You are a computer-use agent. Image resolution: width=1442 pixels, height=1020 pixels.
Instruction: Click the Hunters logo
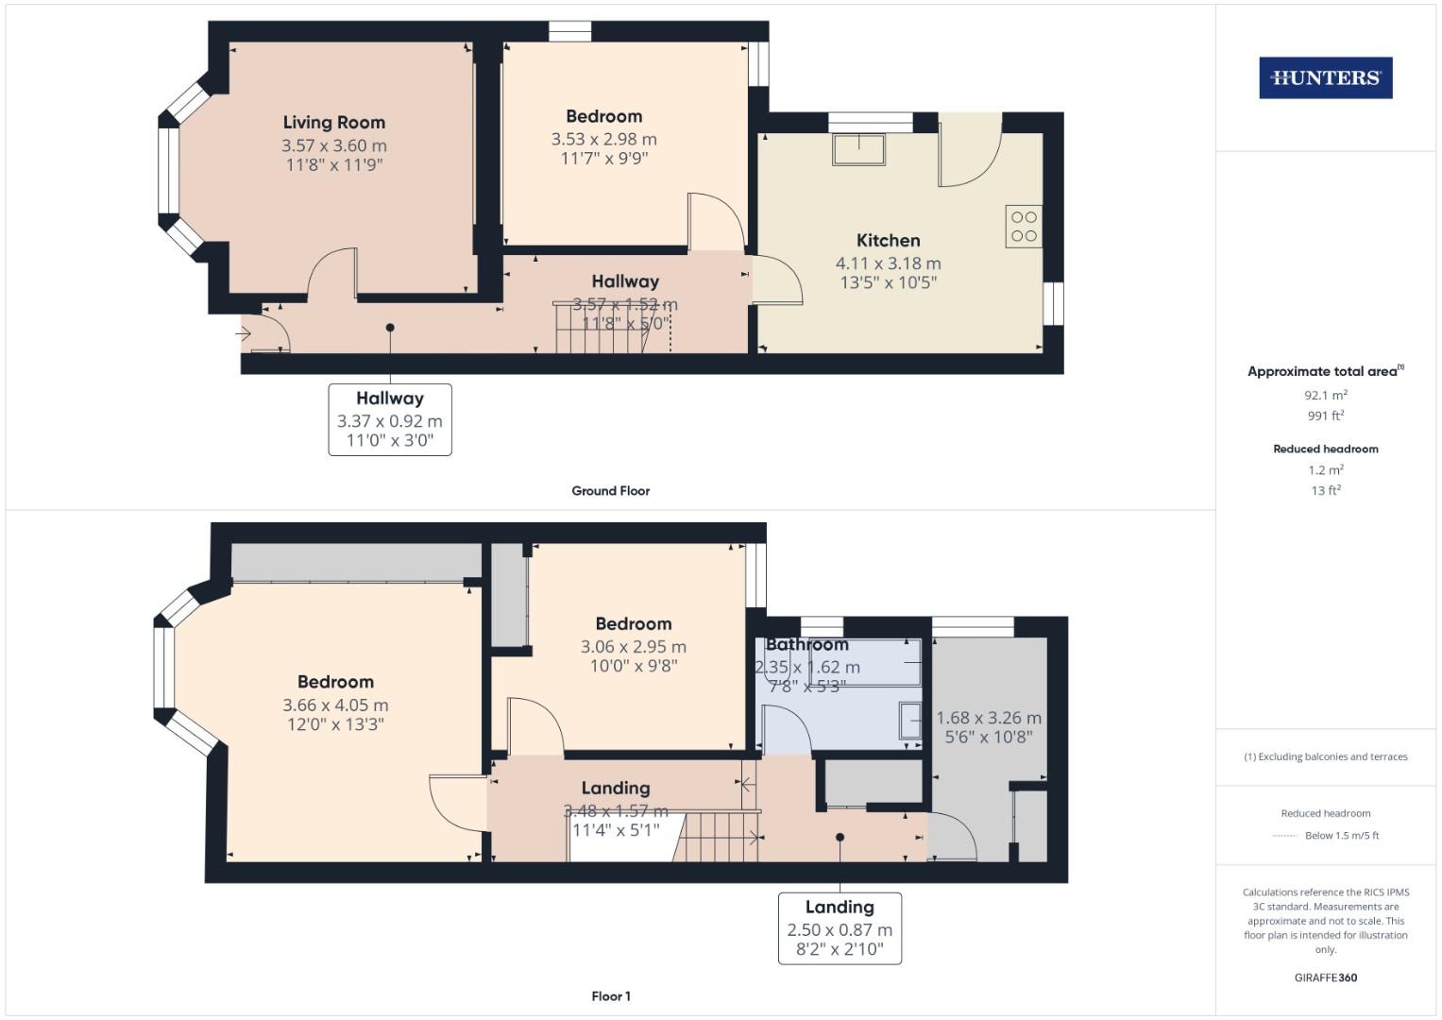point(1325,77)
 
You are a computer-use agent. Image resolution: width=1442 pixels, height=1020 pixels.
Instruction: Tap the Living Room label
point(334,122)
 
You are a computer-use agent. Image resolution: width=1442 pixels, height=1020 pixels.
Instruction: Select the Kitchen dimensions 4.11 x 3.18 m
point(888,263)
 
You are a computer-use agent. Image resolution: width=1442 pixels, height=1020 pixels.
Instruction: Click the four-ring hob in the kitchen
point(1024,227)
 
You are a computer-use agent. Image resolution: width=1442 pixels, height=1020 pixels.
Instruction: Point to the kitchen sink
point(858,149)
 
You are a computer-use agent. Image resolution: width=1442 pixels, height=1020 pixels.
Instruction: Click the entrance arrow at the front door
point(243,333)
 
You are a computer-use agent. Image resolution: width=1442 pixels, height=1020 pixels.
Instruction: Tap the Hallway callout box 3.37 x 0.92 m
point(390,419)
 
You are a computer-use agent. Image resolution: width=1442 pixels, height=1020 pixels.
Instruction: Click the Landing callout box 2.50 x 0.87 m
point(840,927)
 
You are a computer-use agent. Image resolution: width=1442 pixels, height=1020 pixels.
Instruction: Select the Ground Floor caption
point(610,490)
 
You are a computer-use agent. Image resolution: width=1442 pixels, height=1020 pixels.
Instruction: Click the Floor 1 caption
point(611,995)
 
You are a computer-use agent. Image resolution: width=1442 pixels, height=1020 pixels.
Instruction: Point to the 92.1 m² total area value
point(1325,395)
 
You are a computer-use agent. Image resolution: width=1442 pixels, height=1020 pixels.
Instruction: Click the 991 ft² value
point(1325,416)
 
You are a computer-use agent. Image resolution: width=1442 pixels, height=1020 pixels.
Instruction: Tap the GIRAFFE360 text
point(1325,977)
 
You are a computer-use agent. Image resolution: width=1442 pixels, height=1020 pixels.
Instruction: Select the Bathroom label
point(806,644)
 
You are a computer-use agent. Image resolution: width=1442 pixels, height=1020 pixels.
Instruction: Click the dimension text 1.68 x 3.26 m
point(988,718)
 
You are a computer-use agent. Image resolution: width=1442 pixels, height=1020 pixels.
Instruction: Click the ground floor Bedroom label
point(603,116)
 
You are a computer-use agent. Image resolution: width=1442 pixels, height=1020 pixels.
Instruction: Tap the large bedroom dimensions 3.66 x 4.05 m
point(335,705)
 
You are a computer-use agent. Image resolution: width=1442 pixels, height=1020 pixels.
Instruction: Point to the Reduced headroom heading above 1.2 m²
point(1325,449)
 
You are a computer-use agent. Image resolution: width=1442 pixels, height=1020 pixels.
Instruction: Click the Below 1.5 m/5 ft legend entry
point(1341,835)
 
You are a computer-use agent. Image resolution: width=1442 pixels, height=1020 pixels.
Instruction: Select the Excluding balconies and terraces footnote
point(1325,756)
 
